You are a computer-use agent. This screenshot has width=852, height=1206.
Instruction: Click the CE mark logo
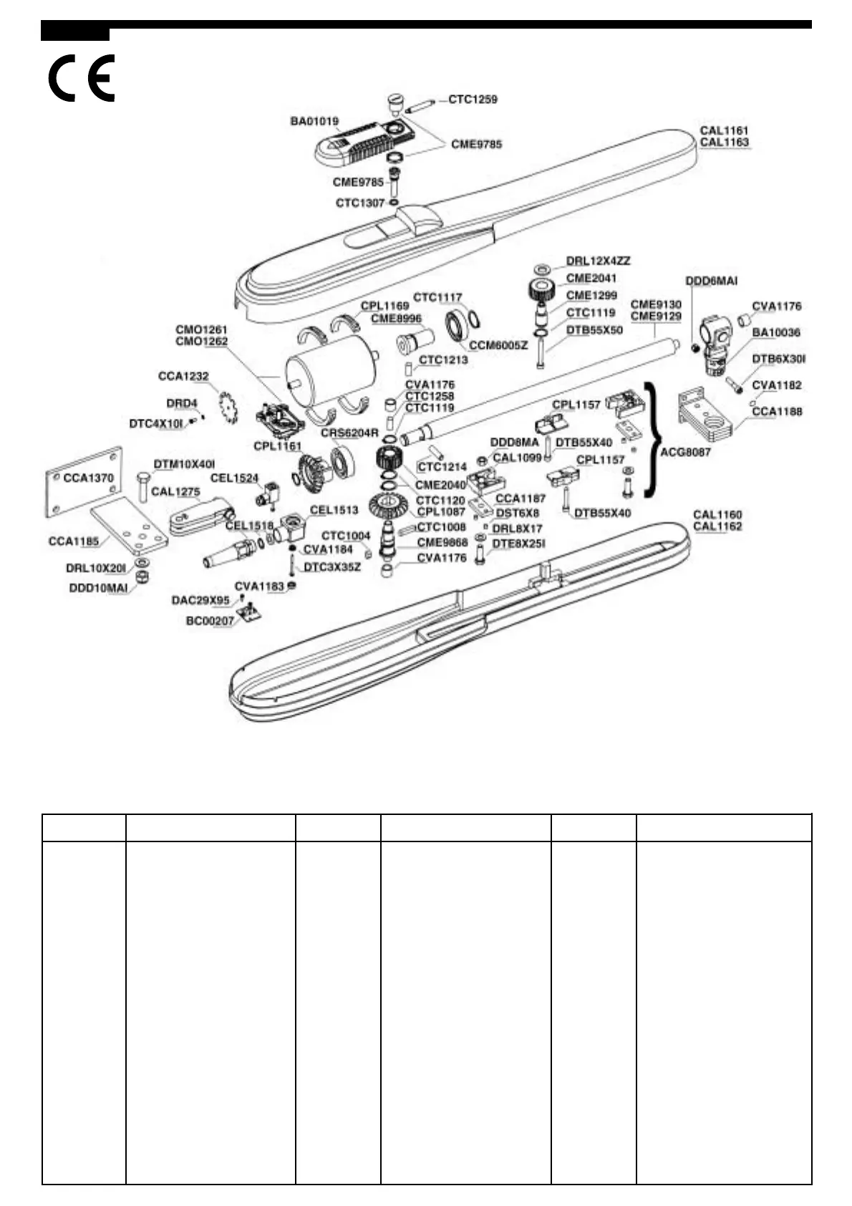[x=81, y=78]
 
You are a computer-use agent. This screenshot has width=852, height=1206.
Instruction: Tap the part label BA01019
[x=314, y=122]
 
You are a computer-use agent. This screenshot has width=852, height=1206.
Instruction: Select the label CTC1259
[x=473, y=100]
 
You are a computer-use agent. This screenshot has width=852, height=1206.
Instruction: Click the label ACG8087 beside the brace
[x=685, y=452]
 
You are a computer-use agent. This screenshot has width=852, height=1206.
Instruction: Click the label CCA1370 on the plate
[x=89, y=478]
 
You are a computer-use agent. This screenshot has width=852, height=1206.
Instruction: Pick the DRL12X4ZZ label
[x=599, y=261]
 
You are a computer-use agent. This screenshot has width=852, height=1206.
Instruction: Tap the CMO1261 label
[x=201, y=330]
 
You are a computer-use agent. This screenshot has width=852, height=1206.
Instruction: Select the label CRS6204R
[x=349, y=433]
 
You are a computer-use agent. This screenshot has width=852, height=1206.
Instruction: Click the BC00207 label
[x=210, y=620]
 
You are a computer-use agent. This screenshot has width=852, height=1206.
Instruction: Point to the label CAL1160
[x=717, y=514]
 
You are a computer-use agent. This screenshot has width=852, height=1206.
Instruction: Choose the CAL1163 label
[x=724, y=142]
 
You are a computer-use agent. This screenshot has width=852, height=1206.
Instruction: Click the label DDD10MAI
[x=98, y=588]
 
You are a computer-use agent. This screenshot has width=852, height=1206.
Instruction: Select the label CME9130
[x=656, y=304]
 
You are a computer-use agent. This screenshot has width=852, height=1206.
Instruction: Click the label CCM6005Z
[x=498, y=345]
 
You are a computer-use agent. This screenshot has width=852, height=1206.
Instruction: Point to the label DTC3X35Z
[x=332, y=567]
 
